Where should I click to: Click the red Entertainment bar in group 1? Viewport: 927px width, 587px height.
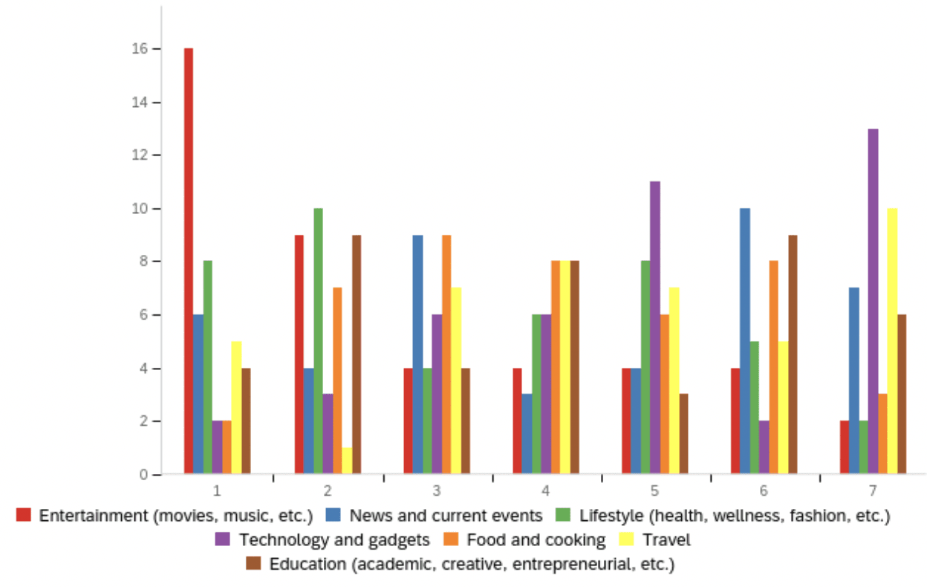tap(189, 260)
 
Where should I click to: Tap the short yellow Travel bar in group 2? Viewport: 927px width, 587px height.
tap(346, 461)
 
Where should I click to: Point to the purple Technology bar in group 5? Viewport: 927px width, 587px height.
tap(654, 327)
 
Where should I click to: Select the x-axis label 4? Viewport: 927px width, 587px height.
tap(546, 490)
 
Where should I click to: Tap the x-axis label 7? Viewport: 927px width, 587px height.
tap(873, 490)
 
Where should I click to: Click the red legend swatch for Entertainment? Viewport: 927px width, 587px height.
tap(25, 515)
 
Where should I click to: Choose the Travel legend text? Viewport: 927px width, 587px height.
tap(667, 539)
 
